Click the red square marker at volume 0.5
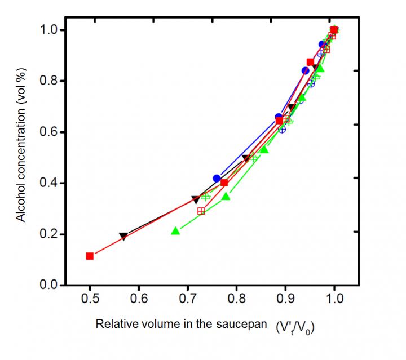90,256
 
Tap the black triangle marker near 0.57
123,236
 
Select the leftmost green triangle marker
175,231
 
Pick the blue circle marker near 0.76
217,179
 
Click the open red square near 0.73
201,211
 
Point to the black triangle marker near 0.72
196,199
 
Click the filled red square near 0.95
310,62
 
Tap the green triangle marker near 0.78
226,197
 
